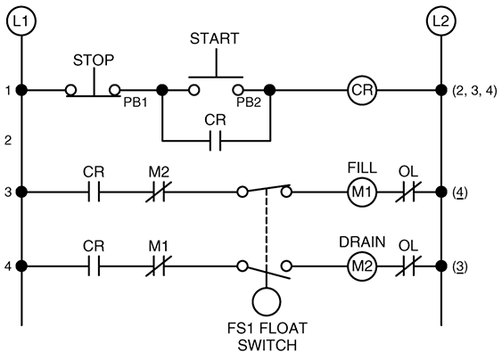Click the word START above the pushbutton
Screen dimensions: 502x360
(x=215, y=38)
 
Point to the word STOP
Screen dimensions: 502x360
(x=94, y=61)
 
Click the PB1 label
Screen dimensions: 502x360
(x=136, y=102)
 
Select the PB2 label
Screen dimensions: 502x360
(x=249, y=102)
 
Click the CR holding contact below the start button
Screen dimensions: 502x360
(x=215, y=141)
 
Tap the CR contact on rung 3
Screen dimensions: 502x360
(x=94, y=192)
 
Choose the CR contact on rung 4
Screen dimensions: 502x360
(x=94, y=266)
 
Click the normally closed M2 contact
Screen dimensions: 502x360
(x=159, y=192)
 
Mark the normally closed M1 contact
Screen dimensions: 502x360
(x=159, y=266)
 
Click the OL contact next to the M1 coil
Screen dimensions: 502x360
(x=408, y=192)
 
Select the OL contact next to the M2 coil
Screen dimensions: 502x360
(x=408, y=266)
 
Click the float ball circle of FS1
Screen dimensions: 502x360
(x=267, y=287)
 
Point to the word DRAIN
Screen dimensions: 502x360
(x=362, y=241)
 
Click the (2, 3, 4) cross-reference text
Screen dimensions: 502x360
(x=474, y=91)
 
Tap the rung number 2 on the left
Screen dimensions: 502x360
(x=8, y=140)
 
